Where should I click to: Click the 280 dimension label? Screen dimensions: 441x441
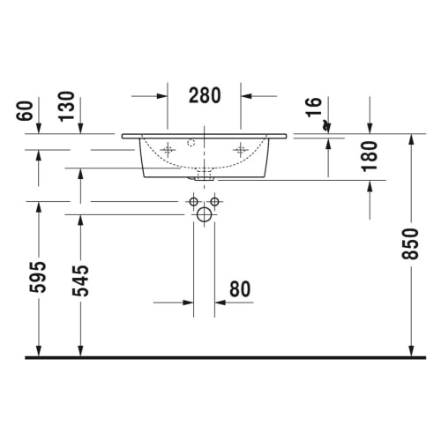click(205, 95)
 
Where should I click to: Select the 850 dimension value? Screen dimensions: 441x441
click(410, 244)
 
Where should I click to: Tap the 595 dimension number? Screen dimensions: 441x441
click(38, 277)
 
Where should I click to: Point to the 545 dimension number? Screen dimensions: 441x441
click(80, 280)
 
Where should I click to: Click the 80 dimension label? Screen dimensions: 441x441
click(240, 289)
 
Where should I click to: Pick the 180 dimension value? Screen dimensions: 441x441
click(370, 156)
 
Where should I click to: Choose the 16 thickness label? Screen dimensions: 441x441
click(314, 108)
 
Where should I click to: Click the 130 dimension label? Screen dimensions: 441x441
click(66, 106)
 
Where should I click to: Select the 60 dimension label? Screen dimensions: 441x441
click(25, 110)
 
